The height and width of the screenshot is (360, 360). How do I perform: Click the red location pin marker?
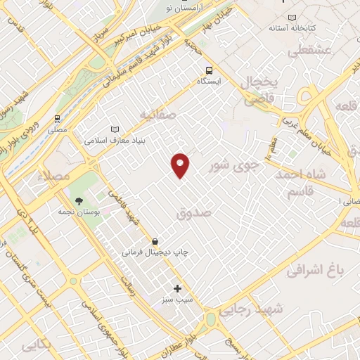point(181,164)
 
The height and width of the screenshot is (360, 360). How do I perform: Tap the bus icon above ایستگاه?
point(209,70)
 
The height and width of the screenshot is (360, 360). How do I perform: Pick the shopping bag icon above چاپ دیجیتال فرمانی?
point(155,241)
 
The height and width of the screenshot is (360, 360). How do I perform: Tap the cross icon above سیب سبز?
point(177,288)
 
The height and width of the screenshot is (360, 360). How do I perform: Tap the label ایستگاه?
point(208,82)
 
